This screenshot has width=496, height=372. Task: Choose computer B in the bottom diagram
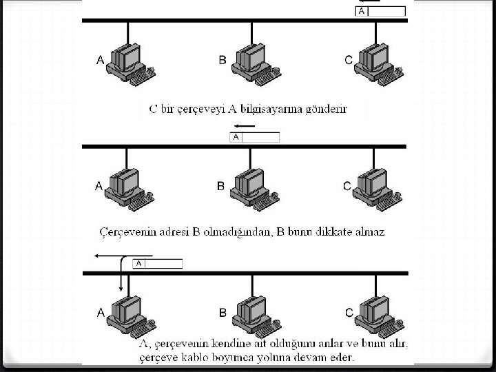[x=252, y=314]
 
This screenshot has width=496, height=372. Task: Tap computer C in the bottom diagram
[x=376, y=314]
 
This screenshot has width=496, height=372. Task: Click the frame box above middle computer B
[x=254, y=137]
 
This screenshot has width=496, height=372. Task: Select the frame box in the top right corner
[x=381, y=11]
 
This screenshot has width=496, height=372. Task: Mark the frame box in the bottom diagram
[x=158, y=263]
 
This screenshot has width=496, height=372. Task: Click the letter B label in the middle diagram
[x=221, y=186]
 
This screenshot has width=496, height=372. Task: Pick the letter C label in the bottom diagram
[x=349, y=313]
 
